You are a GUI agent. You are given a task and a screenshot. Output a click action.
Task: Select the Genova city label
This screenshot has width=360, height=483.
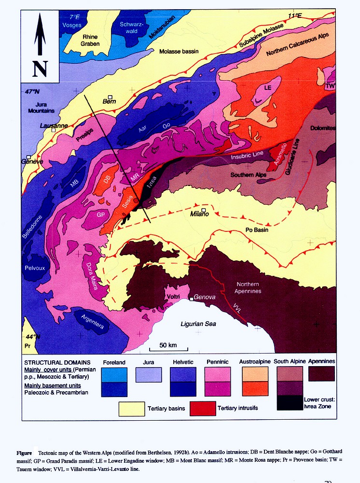click(204, 298)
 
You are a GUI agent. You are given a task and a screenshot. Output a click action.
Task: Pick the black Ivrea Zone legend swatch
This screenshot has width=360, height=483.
click(290, 402)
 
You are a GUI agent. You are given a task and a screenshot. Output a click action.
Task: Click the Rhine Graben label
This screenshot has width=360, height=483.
click(90, 40)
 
